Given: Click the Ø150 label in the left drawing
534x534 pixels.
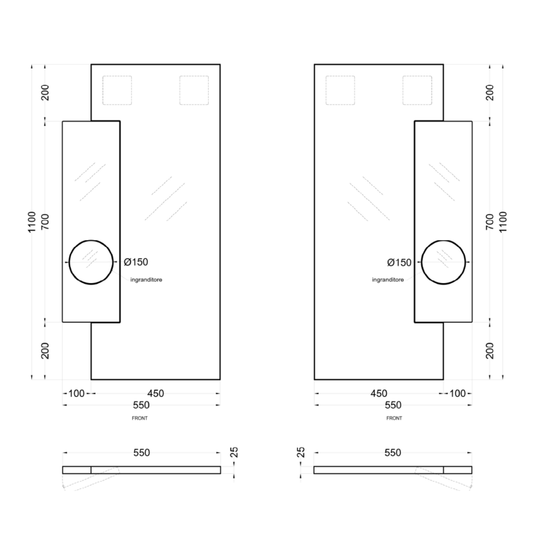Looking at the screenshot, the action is point(136,262).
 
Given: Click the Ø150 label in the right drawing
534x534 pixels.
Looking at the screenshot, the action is point(399,263).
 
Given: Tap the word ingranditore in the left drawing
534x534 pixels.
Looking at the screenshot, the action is point(146,280).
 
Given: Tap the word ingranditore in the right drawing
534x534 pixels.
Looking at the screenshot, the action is point(388,280).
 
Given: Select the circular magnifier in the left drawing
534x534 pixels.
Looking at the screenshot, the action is point(91,240).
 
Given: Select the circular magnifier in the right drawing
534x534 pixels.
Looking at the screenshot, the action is point(443,240).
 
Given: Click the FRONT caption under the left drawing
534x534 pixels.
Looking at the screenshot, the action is point(140,418).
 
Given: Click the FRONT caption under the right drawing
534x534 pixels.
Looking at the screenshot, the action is point(394,418).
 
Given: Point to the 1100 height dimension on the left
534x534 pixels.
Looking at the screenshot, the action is point(32,222).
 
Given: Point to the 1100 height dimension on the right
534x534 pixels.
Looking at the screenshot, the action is point(503,222).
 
